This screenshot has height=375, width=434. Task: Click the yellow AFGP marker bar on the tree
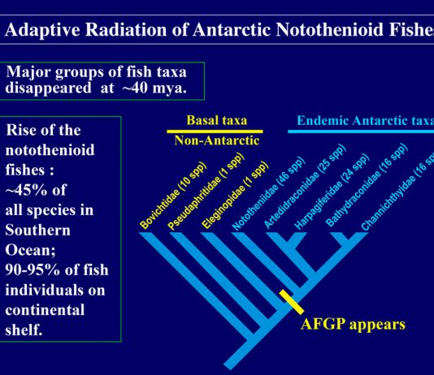(292, 302)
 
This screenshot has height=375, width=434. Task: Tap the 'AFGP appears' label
(353, 324)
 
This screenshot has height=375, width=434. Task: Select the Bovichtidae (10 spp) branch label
(173, 196)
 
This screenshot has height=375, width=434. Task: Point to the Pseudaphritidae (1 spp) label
(206, 192)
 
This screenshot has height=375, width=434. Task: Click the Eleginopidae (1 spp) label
(235, 195)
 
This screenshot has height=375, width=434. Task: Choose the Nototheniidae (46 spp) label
(268, 193)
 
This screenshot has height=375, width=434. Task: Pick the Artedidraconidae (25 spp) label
(305, 186)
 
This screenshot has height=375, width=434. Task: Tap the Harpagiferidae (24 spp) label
(332, 192)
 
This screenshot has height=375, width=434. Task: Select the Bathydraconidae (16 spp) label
(367, 185)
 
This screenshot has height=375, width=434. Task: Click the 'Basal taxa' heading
(217, 120)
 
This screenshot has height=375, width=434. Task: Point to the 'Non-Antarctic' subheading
(217, 140)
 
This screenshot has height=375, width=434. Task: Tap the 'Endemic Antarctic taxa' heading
(366, 120)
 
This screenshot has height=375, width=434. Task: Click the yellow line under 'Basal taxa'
(215, 131)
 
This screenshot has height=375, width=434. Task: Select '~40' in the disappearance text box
(135, 88)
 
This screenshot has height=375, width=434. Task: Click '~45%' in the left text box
(23, 190)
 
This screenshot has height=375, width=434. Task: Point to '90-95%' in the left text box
(33, 269)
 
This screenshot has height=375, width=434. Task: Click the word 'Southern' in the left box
(38, 231)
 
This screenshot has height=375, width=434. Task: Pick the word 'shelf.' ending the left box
(24, 330)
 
